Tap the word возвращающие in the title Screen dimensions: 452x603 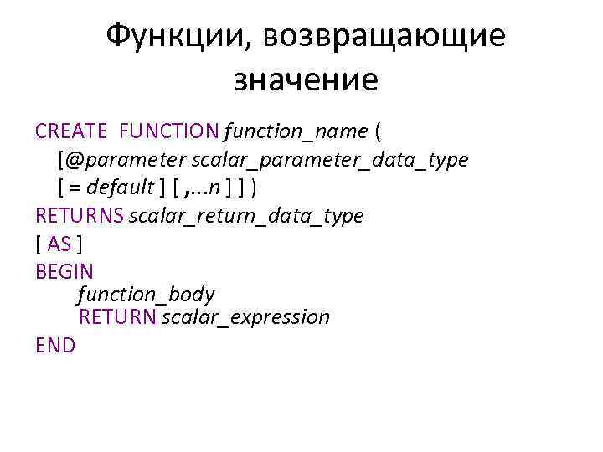tap(384, 37)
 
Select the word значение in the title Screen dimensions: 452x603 tap(306, 80)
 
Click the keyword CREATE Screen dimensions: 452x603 tap(71, 131)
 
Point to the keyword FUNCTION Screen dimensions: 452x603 tap(168, 131)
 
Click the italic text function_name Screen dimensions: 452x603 tap(296, 131)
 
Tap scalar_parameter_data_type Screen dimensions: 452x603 tap(330, 159)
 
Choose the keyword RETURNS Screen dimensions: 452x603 tap(80, 215)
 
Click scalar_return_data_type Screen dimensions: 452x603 tap(246, 215)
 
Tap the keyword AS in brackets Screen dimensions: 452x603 tap(59, 244)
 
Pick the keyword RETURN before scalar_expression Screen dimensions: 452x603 tap(117, 317)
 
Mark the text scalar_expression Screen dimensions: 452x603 tap(246, 317)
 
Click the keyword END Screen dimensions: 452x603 tap(55, 345)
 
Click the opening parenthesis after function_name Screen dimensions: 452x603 tap(379, 131)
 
